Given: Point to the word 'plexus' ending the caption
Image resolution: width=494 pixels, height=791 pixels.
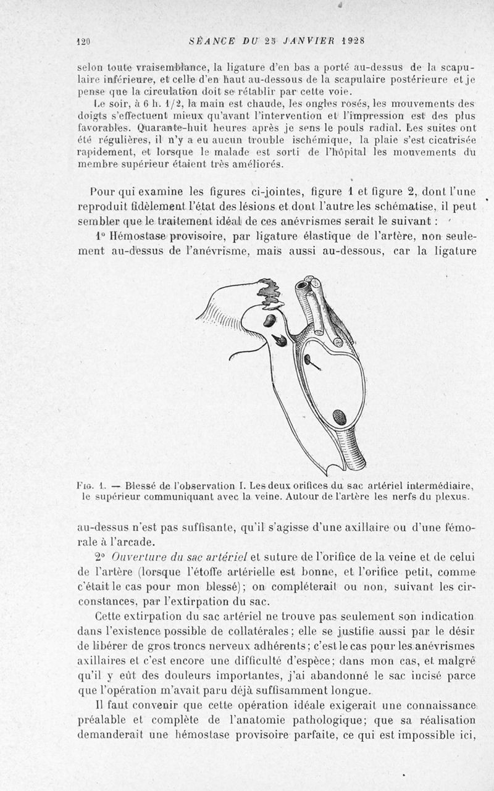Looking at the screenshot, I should [453, 496].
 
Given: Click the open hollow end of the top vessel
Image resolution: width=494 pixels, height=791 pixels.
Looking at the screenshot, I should [304, 287].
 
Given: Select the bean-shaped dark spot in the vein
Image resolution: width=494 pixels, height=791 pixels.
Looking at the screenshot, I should [270, 320].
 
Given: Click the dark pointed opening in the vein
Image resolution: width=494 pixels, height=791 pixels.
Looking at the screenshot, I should [279, 339].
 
